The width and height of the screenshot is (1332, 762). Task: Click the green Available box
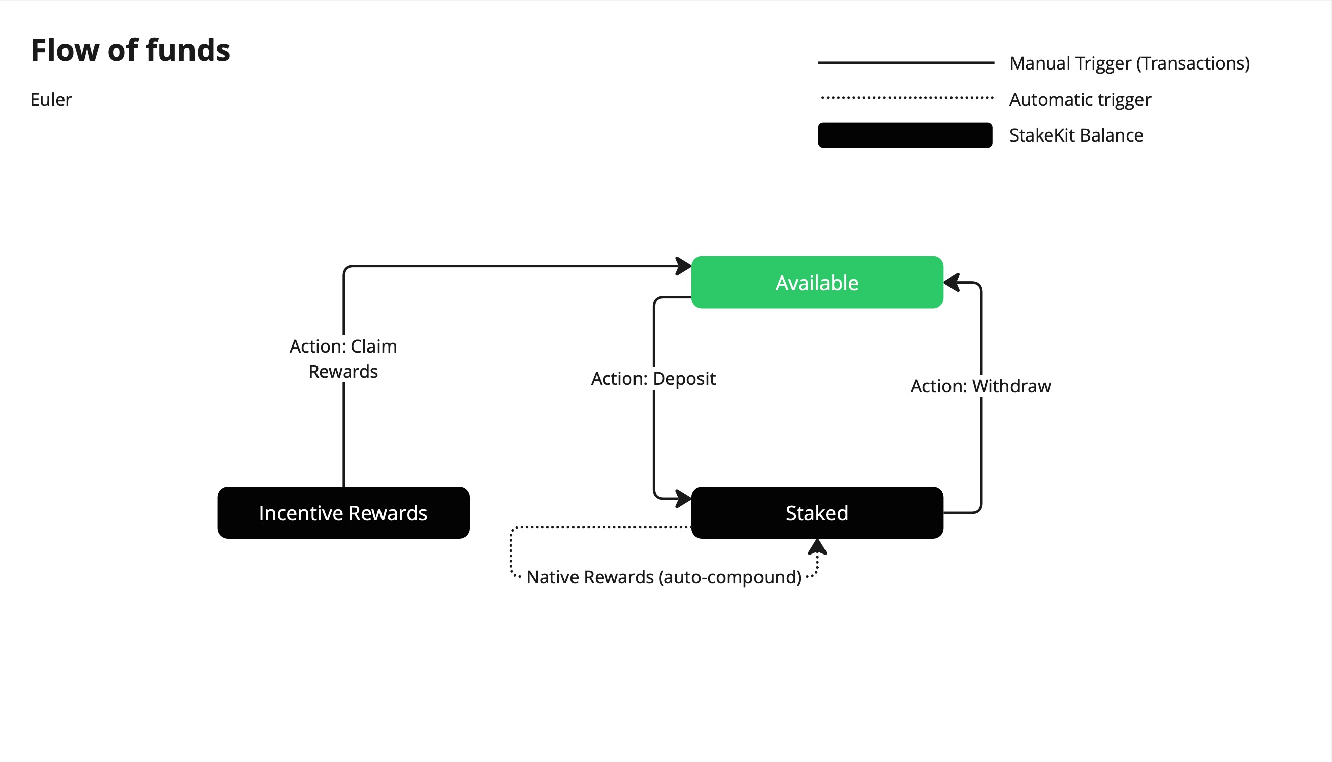817,282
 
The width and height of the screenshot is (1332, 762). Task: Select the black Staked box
817,512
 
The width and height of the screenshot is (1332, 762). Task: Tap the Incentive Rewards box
344,512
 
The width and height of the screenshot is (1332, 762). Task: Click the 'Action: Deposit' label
653,378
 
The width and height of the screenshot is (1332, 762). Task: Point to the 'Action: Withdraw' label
981,386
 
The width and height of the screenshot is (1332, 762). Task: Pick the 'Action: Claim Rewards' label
344,359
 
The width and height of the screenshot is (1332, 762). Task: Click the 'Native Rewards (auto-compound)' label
663,577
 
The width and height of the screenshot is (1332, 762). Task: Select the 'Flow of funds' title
131,50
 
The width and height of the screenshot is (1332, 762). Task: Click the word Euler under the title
51,99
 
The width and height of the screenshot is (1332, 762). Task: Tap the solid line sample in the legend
906,63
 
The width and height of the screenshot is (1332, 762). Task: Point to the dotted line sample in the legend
907,97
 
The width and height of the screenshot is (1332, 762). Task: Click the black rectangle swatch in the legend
905,135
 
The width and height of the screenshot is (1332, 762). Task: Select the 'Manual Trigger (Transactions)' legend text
1129,63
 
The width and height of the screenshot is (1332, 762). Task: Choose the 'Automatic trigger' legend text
1080,99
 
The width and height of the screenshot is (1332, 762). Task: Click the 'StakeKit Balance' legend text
1076,135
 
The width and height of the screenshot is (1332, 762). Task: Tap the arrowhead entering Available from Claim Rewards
684,266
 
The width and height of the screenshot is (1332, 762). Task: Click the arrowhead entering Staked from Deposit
684,498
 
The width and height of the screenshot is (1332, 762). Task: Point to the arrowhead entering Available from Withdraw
952,282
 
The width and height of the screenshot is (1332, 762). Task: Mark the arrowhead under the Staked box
817,546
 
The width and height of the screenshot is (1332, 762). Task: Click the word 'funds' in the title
188,50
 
